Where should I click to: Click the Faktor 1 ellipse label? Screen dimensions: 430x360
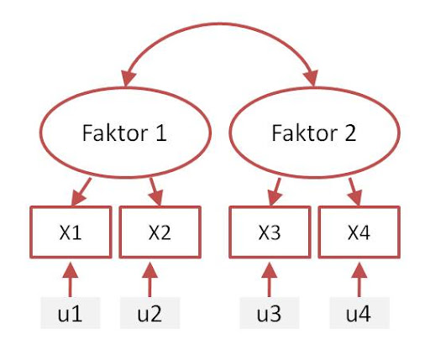coord(124,133)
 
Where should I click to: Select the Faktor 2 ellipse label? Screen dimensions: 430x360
coord(314,133)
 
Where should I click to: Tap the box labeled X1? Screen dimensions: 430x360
coord(71,232)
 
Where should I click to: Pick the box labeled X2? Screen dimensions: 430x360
coord(160,232)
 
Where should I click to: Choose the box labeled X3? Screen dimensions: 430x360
coord(270,232)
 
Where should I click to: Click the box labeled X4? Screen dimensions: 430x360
coord(359,232)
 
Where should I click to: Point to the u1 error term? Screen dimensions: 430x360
coord(71,313)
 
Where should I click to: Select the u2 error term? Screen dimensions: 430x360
coord(149,313)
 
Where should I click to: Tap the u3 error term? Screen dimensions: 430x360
coord(270,313)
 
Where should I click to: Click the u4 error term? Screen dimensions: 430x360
coord(359,313)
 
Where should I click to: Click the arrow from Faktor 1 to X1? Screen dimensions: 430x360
coord(81,192)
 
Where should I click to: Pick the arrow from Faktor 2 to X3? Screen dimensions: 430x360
coord(275,192)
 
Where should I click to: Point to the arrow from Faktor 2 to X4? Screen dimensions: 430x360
coord(355,192)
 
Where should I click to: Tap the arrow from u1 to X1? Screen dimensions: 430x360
coord(71,279)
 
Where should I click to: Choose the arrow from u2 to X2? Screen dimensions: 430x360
coord(149,279)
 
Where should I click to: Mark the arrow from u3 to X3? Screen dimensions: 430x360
coord(270,279)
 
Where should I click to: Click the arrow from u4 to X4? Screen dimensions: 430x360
coord(359,279)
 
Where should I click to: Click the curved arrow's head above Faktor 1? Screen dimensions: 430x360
coord(128,78)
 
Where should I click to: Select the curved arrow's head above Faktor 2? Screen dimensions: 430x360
coord(312,78)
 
